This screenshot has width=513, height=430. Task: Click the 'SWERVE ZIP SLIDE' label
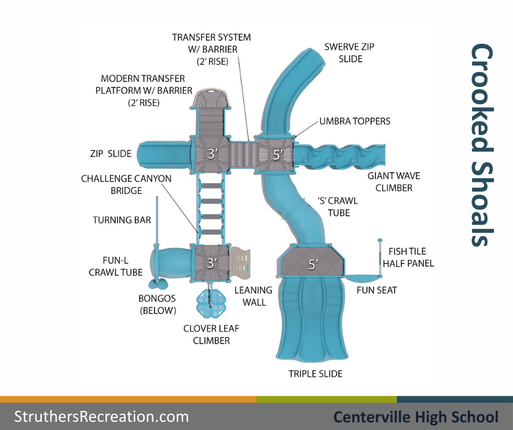pos(349,52)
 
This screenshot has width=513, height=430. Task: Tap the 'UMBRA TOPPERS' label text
pos(355,121)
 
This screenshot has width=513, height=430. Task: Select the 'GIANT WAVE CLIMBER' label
pos(390,182)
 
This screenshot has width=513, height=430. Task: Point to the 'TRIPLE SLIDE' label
pos(315,374)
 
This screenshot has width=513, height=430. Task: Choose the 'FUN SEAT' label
pos(377,290)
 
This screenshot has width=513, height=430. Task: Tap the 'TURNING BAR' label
pos(122,220)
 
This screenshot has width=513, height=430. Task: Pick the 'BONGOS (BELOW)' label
pos(158,304)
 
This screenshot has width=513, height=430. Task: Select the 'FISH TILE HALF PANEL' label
pos(408,257)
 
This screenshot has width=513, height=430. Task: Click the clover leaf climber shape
pos(211,302)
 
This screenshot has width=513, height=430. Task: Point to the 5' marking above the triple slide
pos(313,265)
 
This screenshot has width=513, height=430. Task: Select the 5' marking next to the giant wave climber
pos(277,155)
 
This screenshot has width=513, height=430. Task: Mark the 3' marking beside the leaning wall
pos(211,263)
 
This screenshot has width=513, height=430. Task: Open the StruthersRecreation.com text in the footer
pos(102,417)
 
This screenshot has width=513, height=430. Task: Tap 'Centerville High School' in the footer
pos(416,417)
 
